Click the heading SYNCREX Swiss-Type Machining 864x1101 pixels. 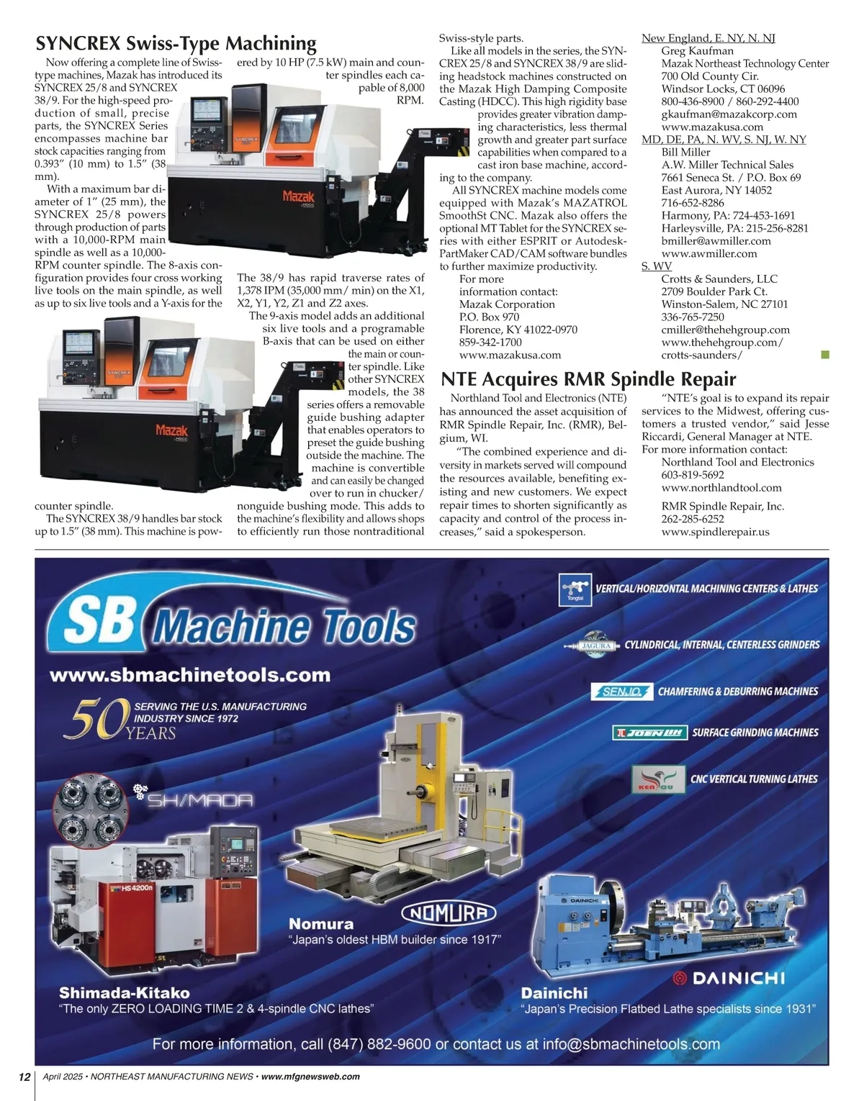[176, 44]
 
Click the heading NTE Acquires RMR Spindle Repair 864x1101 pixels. [588, 379]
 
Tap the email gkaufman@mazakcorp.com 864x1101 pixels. [729, 114]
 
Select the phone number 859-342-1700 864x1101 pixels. [490, 343]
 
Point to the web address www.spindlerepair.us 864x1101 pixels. [715, 532]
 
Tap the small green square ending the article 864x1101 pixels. [825, 354]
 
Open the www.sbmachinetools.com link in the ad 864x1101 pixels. [190, 675]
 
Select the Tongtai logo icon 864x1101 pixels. [575, 589]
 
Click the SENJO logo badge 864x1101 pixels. [621, 692]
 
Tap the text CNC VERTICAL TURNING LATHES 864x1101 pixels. [754, 779]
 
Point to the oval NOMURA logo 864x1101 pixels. [449, 914]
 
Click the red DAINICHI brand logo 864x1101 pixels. [728, 978]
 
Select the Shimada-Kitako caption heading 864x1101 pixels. [125, 993]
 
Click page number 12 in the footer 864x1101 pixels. [24, 1077]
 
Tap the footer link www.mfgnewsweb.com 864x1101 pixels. [310, 1077]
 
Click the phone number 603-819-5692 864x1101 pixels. [693, 475]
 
